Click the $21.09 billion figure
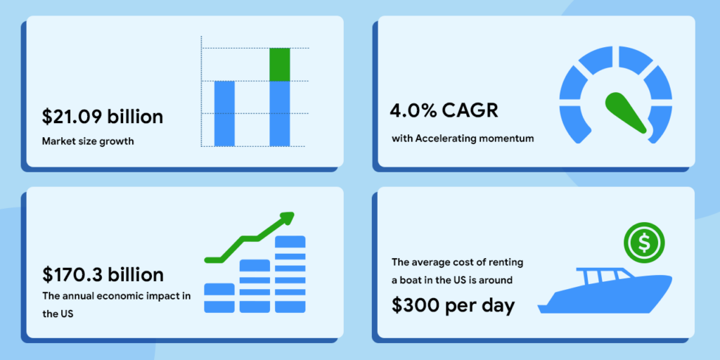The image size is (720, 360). point(103,117)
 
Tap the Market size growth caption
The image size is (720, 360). point(88,141)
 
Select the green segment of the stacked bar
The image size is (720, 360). point(280,64)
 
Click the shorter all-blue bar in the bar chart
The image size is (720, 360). point(224,113)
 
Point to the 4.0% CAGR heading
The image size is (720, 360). point(444,111)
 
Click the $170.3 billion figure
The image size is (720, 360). point(103,275)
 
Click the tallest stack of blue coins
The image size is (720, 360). point(290,274)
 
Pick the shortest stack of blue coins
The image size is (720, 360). point(219,298)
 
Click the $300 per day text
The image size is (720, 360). point(454,306)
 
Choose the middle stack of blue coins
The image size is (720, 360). point(255,286)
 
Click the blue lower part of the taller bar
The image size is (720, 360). point(280,114)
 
